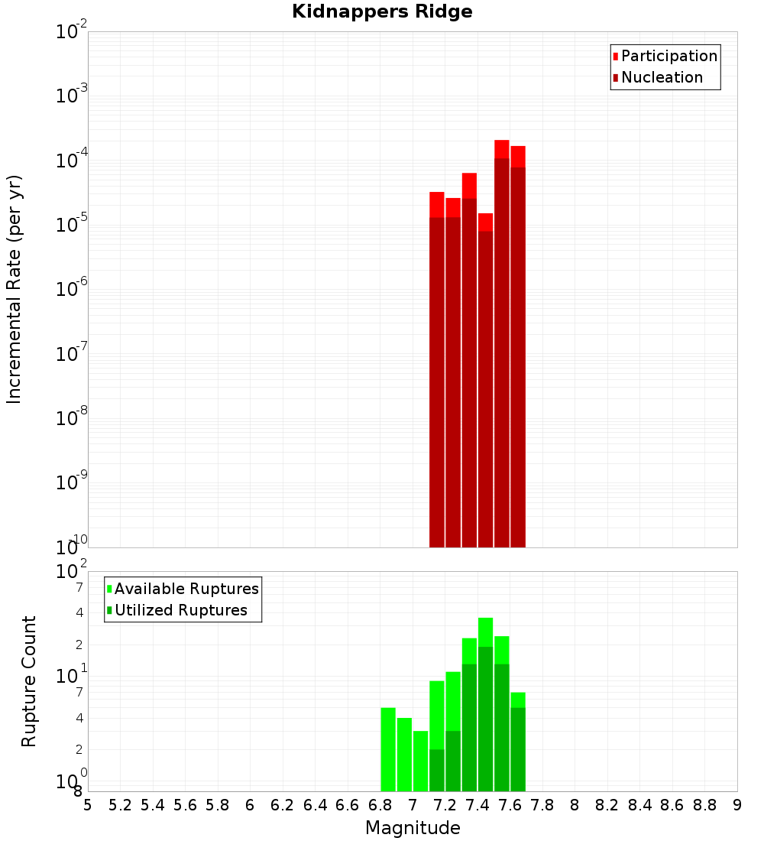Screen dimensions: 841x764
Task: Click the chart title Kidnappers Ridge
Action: [x=382, y=11]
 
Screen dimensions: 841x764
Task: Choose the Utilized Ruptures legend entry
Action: [x=180, y=610]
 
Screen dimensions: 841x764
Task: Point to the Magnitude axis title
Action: [x=413, y=828]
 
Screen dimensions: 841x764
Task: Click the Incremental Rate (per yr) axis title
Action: [x=15, y=289]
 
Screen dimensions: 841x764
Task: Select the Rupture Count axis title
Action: [x=29, y=680]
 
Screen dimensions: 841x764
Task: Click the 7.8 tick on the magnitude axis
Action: [x=542, y=805]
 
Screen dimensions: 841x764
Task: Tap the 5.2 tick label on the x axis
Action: [x=121, y=805]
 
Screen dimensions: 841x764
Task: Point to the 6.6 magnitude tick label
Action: [x=348, y=805]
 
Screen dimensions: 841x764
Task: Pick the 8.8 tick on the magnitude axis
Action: [x=704, y=805]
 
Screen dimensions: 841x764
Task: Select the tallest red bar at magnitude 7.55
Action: [x=501, y=344]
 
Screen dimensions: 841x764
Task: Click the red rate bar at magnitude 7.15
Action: [x=437, y=367]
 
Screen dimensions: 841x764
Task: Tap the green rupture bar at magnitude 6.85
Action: [x=388, y=749]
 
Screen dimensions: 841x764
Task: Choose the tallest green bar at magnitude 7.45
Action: [x=485, y=703]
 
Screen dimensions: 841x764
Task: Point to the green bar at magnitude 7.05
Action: [x=420, y=761]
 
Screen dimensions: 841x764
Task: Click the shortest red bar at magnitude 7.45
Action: [x=485, y=382]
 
